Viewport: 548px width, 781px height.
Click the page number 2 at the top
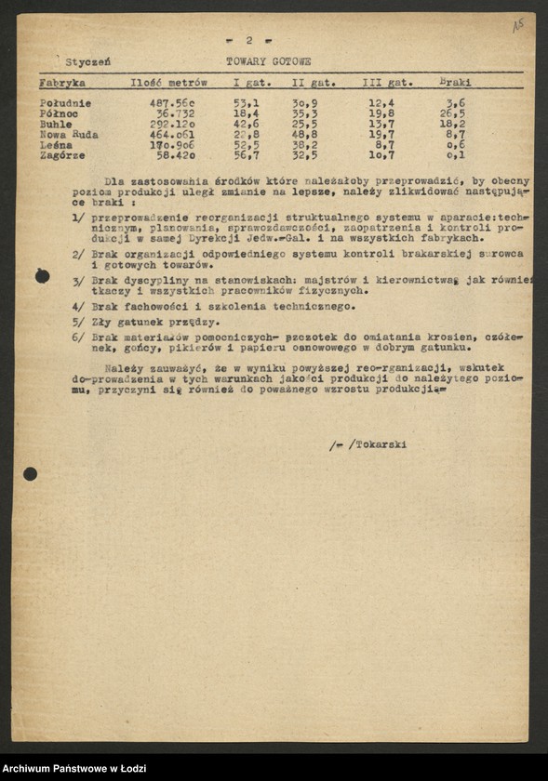[x=248, y=40]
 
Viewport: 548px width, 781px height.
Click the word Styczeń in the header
[x=88, y=61]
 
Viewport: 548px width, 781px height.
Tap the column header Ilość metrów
[x=167, y=83]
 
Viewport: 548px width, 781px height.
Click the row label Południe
[x=65, y=103]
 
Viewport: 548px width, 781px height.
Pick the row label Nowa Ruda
[x=69, y=135]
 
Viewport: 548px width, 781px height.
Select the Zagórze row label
[x=63, y=155]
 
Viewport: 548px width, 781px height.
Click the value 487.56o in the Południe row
[x=172, y=103]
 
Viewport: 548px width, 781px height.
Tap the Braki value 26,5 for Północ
[x=452, y=113]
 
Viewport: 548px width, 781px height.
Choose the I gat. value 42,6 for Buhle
[x=246, y=124]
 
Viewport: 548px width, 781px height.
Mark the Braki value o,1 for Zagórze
[x=455, y=155]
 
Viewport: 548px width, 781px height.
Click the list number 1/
[x=79, y=216]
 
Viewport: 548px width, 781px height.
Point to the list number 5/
[x=79, y=322]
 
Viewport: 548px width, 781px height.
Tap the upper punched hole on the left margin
[x=42, y=275]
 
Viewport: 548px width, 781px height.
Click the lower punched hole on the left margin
[x=30, y=474]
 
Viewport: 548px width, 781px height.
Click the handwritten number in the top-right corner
[x=518, y=25]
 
